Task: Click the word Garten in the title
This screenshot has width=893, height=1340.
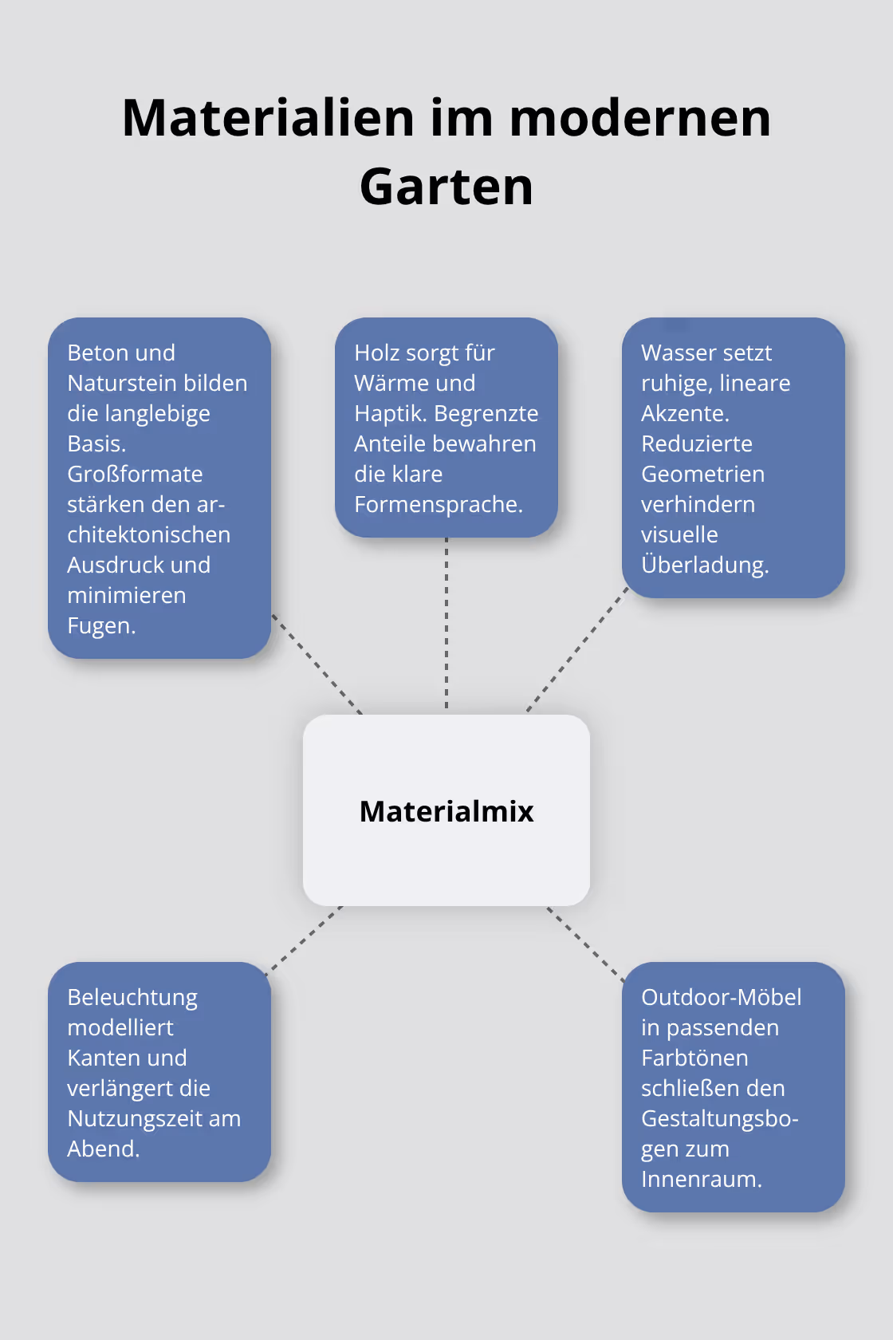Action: click(x=446, y=187)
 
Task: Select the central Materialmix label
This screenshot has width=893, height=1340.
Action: click(x=447, y=811)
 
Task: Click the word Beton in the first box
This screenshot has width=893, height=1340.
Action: click(x=100, y=353)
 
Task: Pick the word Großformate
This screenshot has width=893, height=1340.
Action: click(x=135, y=475)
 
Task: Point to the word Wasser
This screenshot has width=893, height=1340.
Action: click(x=675, y=353)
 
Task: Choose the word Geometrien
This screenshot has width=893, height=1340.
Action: click(x=702, y=475)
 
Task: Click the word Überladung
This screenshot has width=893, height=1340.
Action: click(x=703, y=566)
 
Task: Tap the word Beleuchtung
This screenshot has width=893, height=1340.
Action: click(x=132, y=998)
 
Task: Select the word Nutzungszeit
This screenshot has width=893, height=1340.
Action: click(x=135, y=1119)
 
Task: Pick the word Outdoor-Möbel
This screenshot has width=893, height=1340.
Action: click(x=721, y=998)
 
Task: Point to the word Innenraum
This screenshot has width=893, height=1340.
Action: click(x=700, y=1180)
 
